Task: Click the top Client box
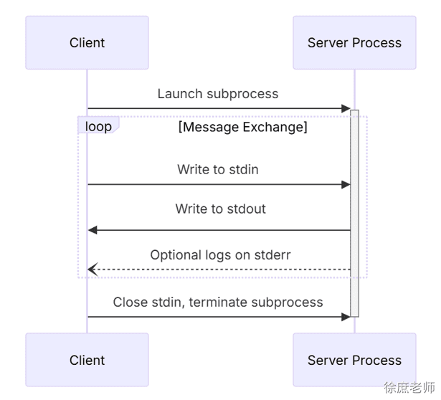(x=87, y=42)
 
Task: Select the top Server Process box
(x=354, y=42)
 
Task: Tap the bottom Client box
(x=87, y=360)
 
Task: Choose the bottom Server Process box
(x=354, y=360)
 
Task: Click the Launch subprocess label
(x=218, y=94)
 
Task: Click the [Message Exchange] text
(x=243, y=127)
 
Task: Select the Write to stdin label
(x=218, y=169)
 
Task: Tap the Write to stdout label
(x=221, y=209)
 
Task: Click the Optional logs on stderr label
(x=221, y=255)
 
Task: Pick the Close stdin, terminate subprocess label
(x=218, y=303)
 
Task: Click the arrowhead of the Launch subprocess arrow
(x=346, y=108)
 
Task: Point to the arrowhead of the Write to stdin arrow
(x=346, y=185)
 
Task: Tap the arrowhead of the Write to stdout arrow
(x=93, y=230)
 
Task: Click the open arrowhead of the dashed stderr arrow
(x=93, y=270)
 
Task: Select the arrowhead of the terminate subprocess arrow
(x=346, y=317)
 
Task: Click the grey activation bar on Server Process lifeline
(x=355, y=214)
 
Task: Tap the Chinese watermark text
(x=409, y=388)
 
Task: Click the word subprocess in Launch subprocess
(x=242, y=95)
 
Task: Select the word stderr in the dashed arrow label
(x=272, y=255)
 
